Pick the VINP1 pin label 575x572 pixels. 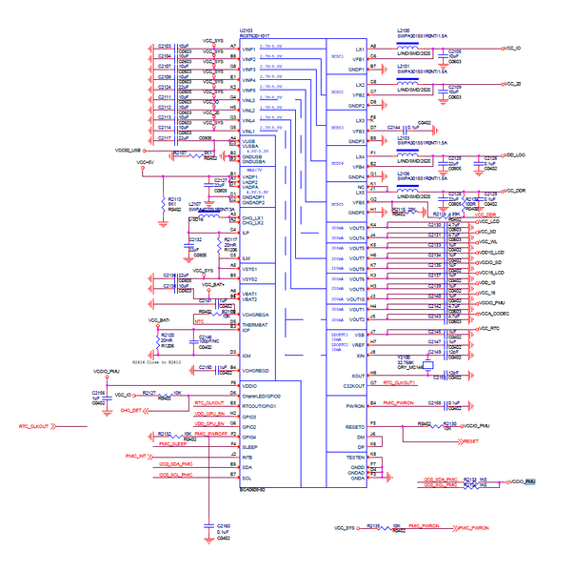click(250, 47)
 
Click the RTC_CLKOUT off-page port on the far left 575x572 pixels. click(34, 426)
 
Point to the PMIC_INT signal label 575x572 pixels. click(139, 457)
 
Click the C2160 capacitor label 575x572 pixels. click(224, 525)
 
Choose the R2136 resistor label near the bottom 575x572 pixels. click(374, 523)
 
